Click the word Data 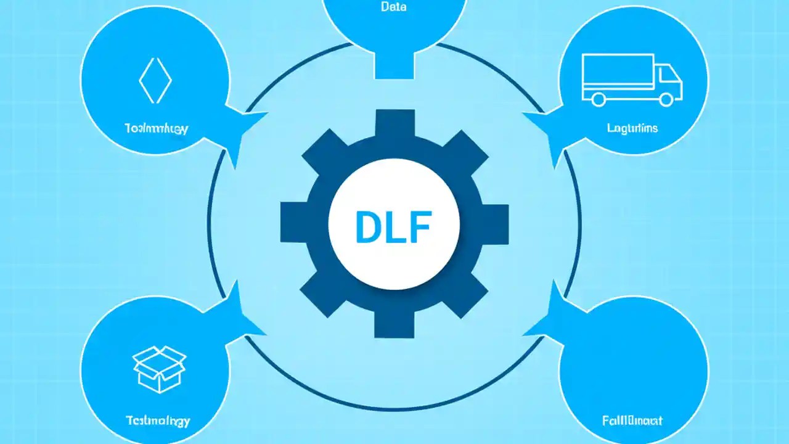[x=394, y=8]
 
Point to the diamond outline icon [x=155, y=80]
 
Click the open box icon [x=160, y=369]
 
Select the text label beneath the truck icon [x=632, y=128]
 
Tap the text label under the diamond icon [x=156, y=129]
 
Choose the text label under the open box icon [x=158, y=421]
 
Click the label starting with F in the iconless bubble [x=632, y=421]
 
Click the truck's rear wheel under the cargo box [x=597, y=98]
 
